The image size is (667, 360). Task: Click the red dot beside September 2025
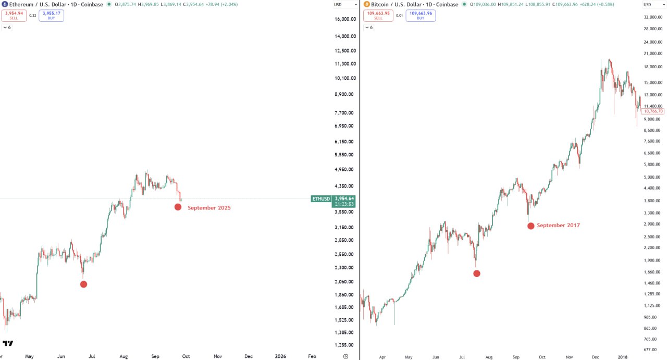pyautogui.click(x=178, y=207)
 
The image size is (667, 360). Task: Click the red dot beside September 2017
pyautogui.click(x=530, y=226)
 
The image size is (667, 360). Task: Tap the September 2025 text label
pyautogui.click(x=209, y=208)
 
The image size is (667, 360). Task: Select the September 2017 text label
pyautogui.click(x=558, y=226)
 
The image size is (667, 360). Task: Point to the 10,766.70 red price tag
pyautogui.click(x=653, y=111)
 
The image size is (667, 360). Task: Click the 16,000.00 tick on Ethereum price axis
pyautogui.click(x=345, y=19)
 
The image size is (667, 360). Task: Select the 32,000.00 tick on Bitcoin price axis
pyautogui.click(x=653, y=17)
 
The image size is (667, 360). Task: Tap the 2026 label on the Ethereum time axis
pyautogui.click(x=280, y=356)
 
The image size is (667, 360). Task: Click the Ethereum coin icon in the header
pyautogui.click(x=5, y=4)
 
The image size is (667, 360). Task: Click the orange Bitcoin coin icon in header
pyautogui.click(x=367, y=4)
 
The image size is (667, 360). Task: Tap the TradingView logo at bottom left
pyautogui.click(x=8, y=343)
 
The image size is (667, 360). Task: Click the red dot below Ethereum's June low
pyautogui.click(x=83, y=284)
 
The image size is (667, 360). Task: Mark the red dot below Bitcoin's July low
pyautogui.click(x=476, y=274)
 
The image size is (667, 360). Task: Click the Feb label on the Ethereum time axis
pyautogui.click(x=312, y=356)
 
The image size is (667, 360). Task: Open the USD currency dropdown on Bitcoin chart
pyautogui.click(x=648, y=5)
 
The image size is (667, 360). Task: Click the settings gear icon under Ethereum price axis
pyautogui.click(x=345, y=356)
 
